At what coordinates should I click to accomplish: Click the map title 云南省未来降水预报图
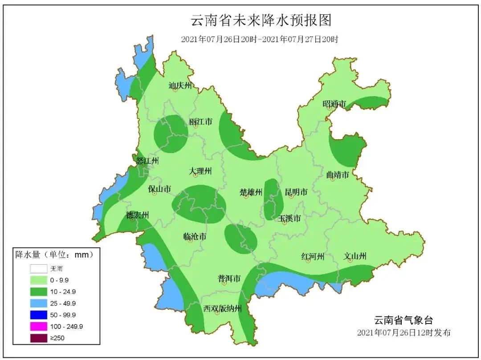[261, 20]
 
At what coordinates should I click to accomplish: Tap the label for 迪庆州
[180, 85]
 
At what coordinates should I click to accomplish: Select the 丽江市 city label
[200, 121]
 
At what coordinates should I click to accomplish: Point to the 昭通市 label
[334, 104]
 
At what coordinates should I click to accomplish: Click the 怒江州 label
[147, 161]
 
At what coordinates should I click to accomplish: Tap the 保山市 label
[159, 189]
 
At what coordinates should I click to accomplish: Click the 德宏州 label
[137, 215]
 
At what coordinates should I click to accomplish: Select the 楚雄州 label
[251, 192]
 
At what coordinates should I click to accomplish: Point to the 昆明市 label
[296, 192]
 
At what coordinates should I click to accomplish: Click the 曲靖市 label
[337, 174]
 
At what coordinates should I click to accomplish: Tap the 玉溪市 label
[289, 218]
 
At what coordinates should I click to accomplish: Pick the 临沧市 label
[195, 237]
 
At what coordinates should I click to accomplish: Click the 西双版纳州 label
[222, 308]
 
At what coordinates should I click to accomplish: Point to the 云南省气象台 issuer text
[403, 320]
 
